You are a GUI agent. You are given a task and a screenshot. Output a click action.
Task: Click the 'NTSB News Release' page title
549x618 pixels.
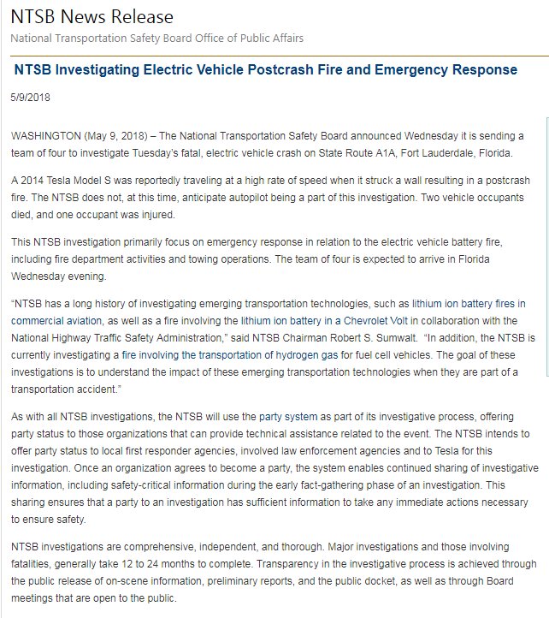(91, 17)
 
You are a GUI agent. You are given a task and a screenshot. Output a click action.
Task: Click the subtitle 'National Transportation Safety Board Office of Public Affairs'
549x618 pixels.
(156, 38)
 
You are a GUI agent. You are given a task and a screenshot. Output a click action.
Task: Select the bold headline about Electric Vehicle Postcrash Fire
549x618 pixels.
(266, 69)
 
